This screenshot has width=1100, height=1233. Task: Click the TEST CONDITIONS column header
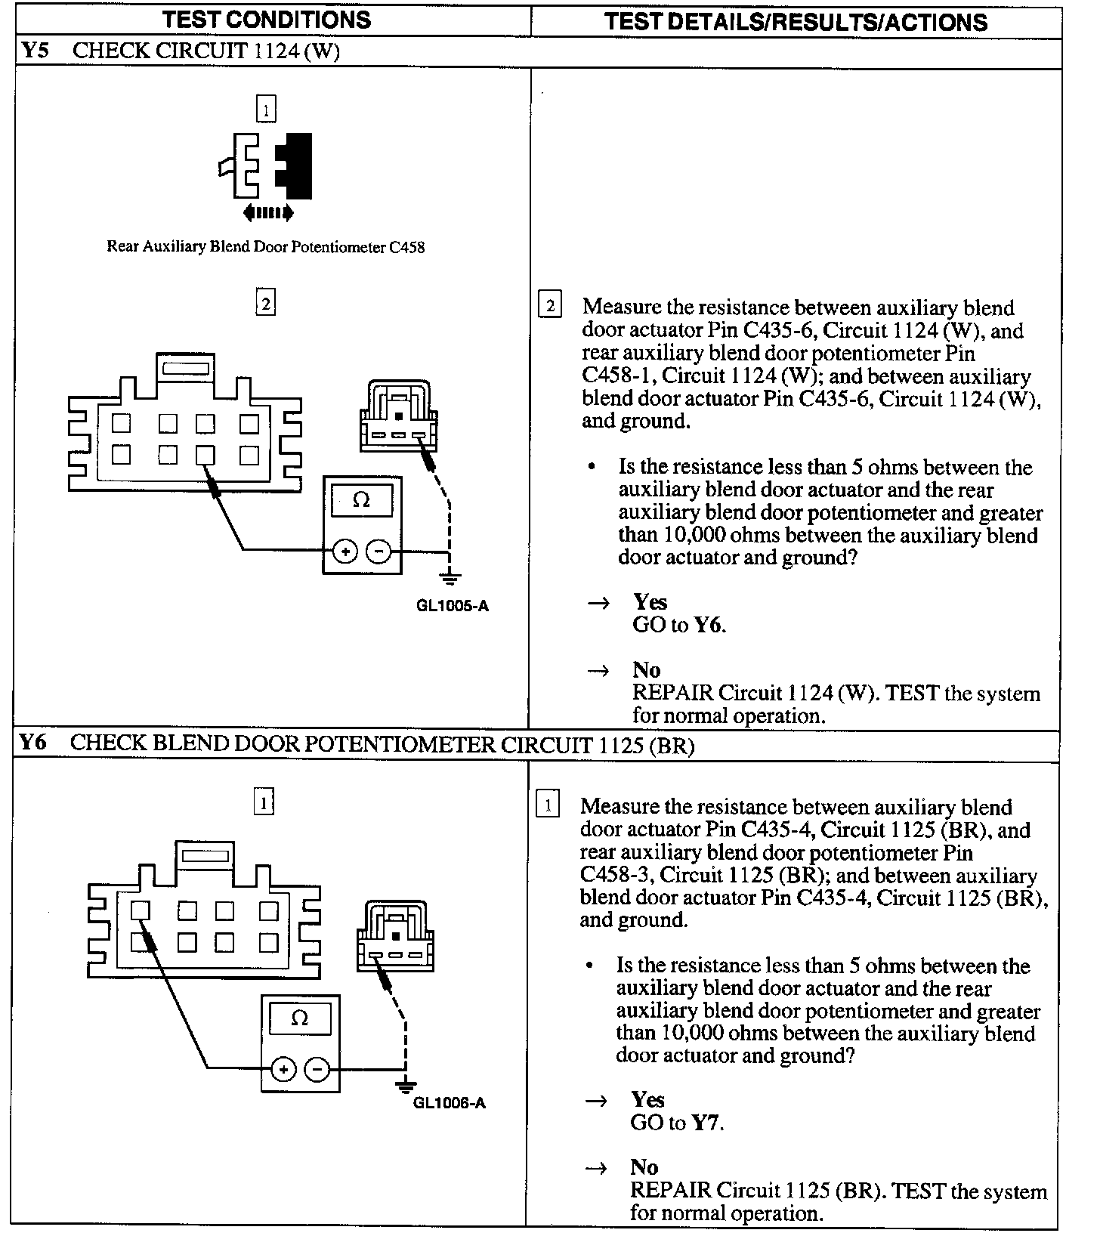click(267, 20)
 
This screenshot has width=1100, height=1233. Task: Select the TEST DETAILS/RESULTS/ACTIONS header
click(796, 21)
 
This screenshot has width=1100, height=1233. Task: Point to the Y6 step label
click(34, 742)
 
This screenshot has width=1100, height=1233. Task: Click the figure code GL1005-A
click(453, 606)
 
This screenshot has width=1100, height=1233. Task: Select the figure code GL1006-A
click(450, 1102)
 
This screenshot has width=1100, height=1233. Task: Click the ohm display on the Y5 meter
click(362, 500)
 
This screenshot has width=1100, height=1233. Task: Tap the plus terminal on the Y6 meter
click(283, 1069)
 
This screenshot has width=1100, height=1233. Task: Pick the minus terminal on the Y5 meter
click(378, 552)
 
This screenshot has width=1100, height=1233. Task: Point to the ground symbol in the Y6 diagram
click(406, 1086)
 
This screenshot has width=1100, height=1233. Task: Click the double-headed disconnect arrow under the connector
click(267, 214)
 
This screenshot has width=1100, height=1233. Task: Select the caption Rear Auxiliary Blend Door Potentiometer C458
click(265, 247)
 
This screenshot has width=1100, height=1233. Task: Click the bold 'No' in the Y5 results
click(647, 670)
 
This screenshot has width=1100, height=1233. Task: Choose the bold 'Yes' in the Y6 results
click(647, 1099)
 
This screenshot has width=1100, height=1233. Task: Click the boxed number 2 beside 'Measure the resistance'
click(549, 306)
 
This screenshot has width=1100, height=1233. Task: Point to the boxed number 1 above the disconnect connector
click(266, 110)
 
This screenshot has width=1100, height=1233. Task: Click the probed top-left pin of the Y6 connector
click(141, 910)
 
